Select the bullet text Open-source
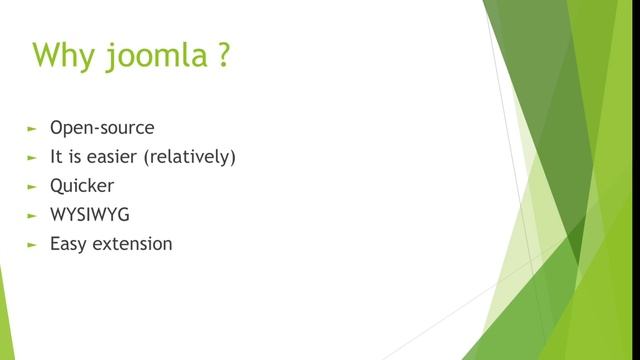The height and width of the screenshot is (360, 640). (102, 129)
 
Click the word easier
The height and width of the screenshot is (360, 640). (115, 157)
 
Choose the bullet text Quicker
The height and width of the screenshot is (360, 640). (82, 186)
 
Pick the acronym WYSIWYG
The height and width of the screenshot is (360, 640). (90, 214)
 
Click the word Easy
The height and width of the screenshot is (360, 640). (69, 243)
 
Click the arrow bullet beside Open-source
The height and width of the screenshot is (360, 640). (32, 129)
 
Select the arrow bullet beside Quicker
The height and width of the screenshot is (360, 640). (32, 186)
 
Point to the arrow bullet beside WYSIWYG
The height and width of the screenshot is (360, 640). (32, 215)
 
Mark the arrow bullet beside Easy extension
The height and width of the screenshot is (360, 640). (32, 243)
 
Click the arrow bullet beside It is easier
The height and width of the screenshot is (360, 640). (32, 158)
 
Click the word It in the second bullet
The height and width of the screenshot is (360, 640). (56, 157)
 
